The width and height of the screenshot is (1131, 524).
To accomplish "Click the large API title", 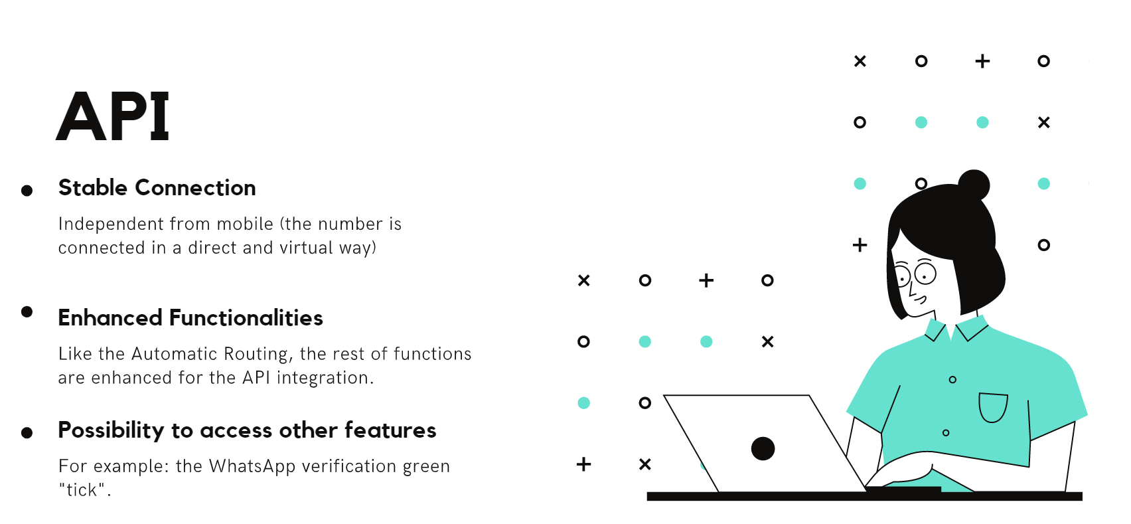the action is [x=113, y=116].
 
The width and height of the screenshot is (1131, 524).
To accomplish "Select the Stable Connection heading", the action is [x=157, y=188].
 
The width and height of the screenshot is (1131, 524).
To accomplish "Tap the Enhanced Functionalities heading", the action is [x=190, y=318].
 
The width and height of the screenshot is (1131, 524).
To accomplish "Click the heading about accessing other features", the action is [x=247, y=431].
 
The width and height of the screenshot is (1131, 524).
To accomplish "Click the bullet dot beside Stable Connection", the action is [x=27, y=191].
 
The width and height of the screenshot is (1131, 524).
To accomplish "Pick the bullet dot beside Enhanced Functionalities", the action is [x=27, y=311].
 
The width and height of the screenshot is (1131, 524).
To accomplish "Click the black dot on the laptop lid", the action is [x=763, y=449].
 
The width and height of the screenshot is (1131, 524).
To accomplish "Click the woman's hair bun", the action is [x=974, y=185].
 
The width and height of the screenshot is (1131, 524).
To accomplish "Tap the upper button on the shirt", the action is [x=952, y=380].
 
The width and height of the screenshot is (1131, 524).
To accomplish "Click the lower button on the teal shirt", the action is [x=946, y=433].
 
